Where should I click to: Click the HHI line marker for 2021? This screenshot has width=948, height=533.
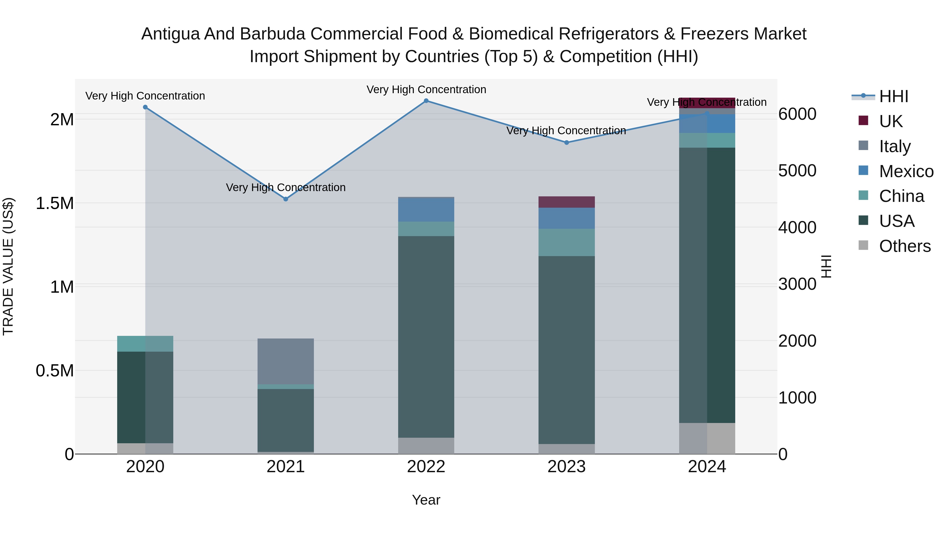(285, 199)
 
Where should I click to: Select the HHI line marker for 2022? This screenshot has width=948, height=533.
(426, 101)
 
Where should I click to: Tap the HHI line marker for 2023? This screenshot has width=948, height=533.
(567, 143)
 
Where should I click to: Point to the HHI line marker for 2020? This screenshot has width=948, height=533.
(145, 107)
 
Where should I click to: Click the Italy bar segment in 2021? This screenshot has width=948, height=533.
(285, 361)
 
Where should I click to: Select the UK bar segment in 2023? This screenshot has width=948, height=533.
(567, 202)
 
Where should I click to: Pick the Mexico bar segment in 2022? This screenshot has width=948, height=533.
(426, 210)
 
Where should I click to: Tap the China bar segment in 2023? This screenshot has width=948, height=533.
(567, 242)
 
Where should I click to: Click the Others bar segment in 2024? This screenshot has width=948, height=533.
(707, 439)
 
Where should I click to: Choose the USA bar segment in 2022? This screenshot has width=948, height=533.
(426, 337)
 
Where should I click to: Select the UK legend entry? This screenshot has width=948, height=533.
(891, 121)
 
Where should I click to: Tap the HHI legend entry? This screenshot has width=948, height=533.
(893, 96)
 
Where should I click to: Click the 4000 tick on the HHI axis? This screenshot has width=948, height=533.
(797, 227)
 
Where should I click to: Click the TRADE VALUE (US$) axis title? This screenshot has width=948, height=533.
(8, 266)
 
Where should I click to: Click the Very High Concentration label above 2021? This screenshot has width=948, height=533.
(285, 188)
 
